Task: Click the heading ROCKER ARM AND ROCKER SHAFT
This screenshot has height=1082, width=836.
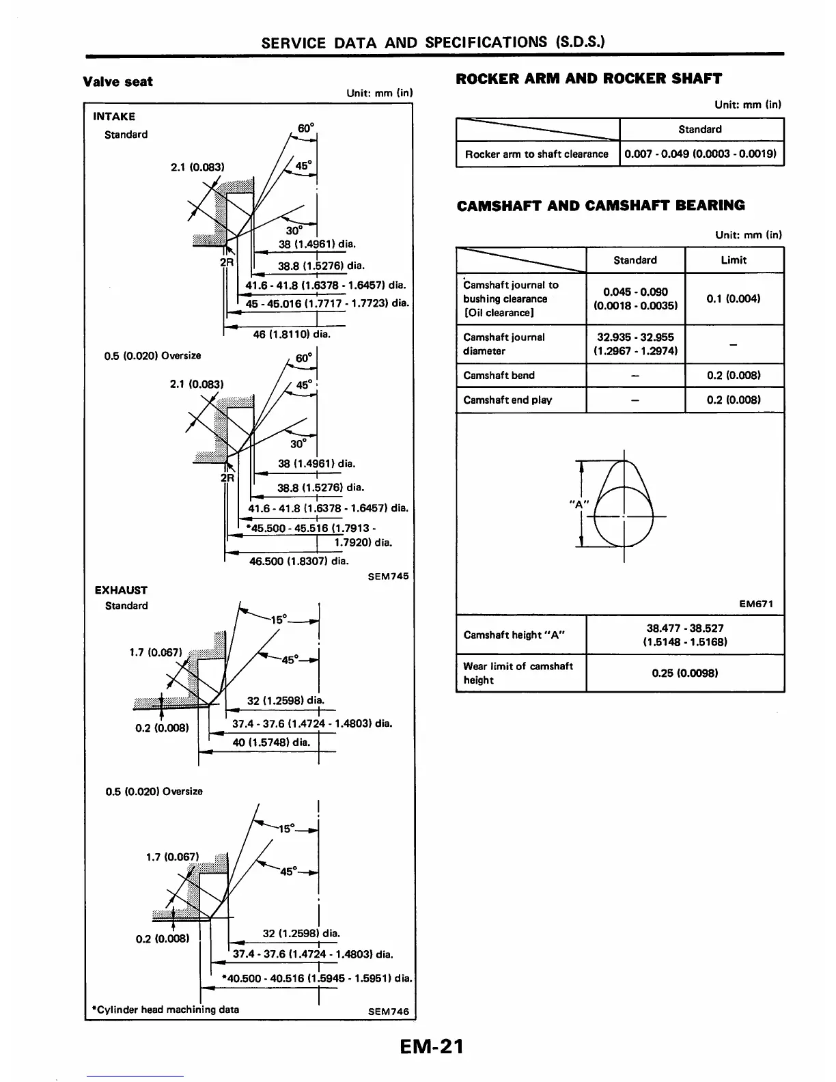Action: tap(588, 79)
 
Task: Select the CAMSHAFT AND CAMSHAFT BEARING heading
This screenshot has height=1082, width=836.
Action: tap(600, 206)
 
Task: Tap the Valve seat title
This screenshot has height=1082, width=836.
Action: tap(117, 82)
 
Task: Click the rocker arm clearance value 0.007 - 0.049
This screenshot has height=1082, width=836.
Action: tap(700, 154)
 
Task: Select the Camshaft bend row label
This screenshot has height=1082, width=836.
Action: tap(499, 376)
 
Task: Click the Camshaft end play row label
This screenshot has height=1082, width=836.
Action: tap(507, 400)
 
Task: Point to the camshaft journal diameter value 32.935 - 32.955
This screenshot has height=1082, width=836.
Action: tap(635, 344)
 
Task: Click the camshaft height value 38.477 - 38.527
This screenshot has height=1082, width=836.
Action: tap(684, 635)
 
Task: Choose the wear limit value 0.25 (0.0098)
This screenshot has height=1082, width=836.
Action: tap(684, 673)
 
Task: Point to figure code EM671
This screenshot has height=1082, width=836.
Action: tap(756, 604)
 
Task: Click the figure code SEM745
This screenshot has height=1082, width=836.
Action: tap(388, 577)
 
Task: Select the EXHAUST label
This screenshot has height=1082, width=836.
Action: tap(121, 590)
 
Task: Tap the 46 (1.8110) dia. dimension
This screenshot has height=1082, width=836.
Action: tap(291, 335)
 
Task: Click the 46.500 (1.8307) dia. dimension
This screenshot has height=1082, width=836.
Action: tap(299, 561)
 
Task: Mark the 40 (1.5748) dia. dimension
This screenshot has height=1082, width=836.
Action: tap(271, 743)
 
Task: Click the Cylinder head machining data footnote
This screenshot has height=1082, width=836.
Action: tap(165, 1010)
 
